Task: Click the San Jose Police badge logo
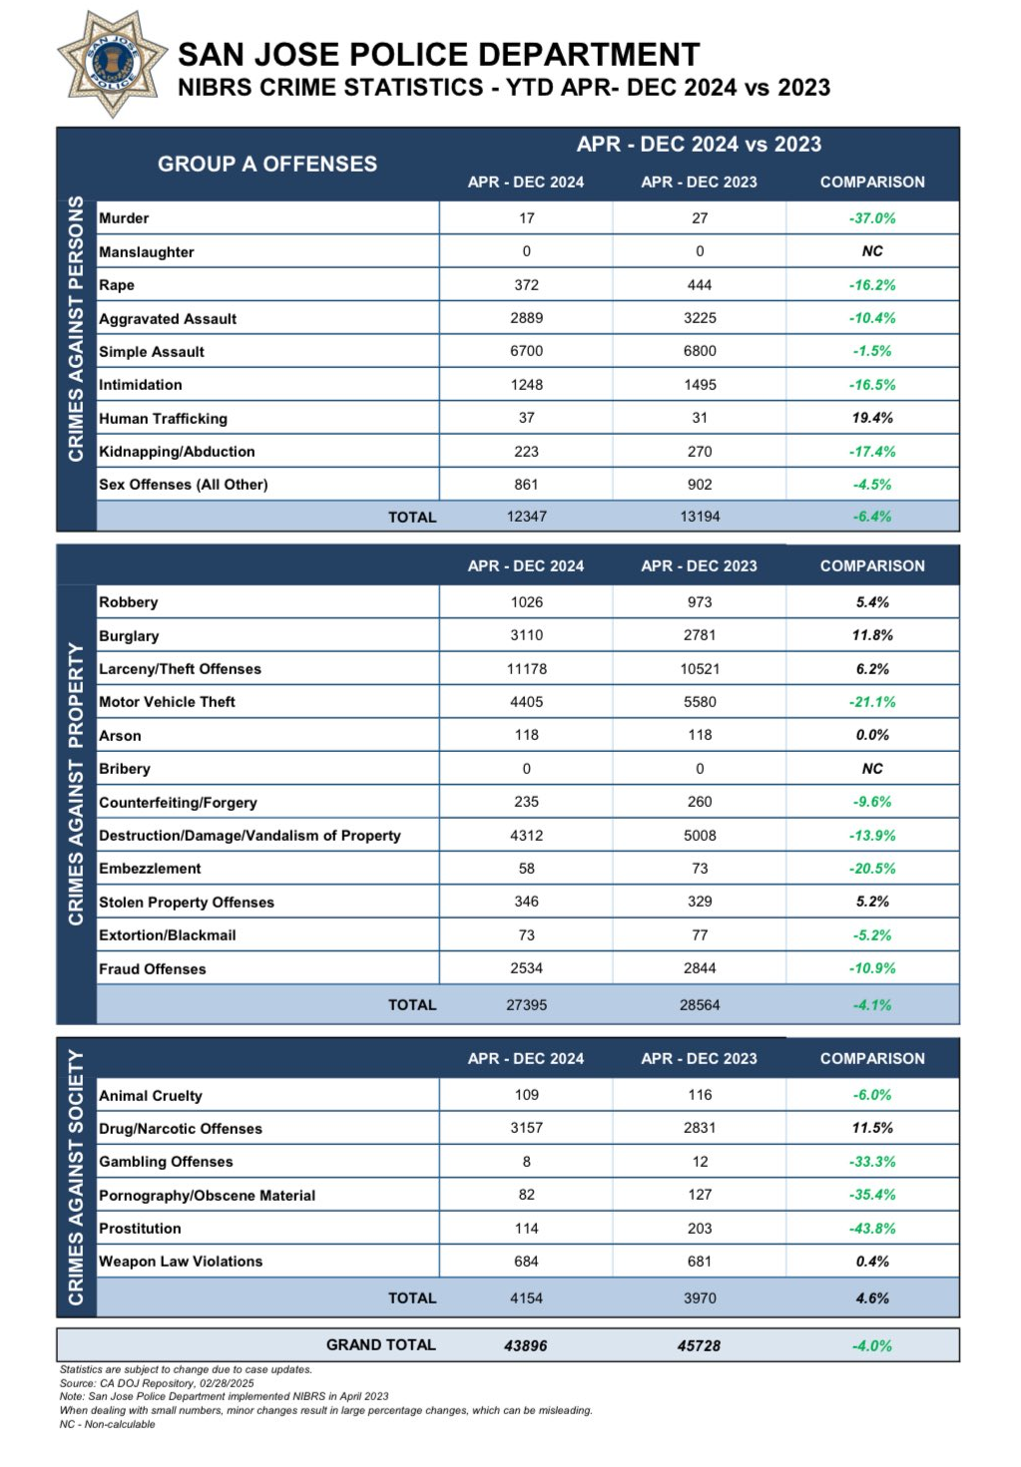click(x=113, y=63)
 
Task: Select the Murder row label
click(x=124, y=218)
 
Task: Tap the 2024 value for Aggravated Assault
click(x=526, y=318)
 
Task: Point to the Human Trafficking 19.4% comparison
click(x=872, y=418)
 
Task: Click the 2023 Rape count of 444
click(x=700, y=285)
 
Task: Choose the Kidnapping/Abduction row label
click(x=177, y=452)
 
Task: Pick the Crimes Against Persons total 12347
click(x=526, y=517)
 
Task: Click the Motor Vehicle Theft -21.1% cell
click(x=872, y=702)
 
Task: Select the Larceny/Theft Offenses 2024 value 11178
click(x=526, y=669)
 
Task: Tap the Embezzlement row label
click(x=150, y=869)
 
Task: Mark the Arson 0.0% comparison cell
click(x=872, y=735)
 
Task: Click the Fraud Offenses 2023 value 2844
click(x=700, y=968)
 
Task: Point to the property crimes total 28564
click(x=700, y=1005)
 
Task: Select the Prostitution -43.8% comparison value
click(x=872, y=1229)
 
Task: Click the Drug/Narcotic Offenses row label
click(x=181, y=1129)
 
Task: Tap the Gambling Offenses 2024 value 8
click(x=526, y=1162)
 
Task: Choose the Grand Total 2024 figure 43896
click(x=526, y=1345)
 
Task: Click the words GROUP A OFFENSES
click(x=267, y=164)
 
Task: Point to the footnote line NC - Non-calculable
click(x=108, y=1424)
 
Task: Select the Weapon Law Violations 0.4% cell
click(x=872, y=1262)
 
